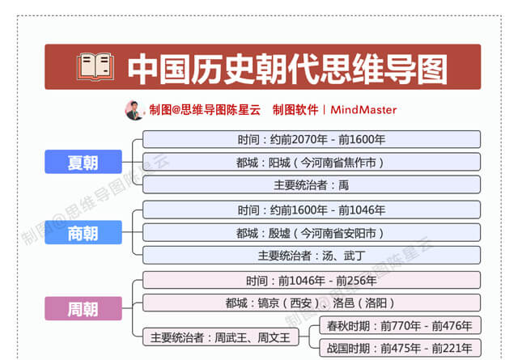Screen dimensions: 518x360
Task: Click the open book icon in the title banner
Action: point(96,67)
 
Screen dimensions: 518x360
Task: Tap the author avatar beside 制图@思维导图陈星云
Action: point(134,110)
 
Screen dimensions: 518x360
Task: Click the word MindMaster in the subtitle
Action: point(363,110)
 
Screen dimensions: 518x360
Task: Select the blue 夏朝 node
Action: point(83,162)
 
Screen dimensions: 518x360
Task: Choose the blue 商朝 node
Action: point(83,232)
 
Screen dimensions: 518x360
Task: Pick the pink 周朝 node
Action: point(83,308)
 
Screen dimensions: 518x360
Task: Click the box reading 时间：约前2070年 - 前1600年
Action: point(312,139)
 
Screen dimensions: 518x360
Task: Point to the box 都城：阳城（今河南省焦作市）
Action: point(312,162)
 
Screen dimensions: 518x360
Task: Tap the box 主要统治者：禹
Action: point(312,184)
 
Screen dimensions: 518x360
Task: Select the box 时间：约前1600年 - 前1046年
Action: point(312,210)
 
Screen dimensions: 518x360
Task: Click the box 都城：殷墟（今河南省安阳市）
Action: point(312,232)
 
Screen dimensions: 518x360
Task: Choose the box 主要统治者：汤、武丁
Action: point(312,256)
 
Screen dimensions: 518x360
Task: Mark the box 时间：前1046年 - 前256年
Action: point(312,281)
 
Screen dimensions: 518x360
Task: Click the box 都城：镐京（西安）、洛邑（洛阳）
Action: point(312,303)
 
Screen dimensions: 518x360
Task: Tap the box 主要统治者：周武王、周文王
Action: point(221,337)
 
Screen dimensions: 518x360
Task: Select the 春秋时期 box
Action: point(400,326)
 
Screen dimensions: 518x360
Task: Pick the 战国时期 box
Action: point(400,348)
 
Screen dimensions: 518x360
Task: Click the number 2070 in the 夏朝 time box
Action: point(304,140)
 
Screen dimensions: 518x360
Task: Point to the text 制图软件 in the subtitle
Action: point(295,110)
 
